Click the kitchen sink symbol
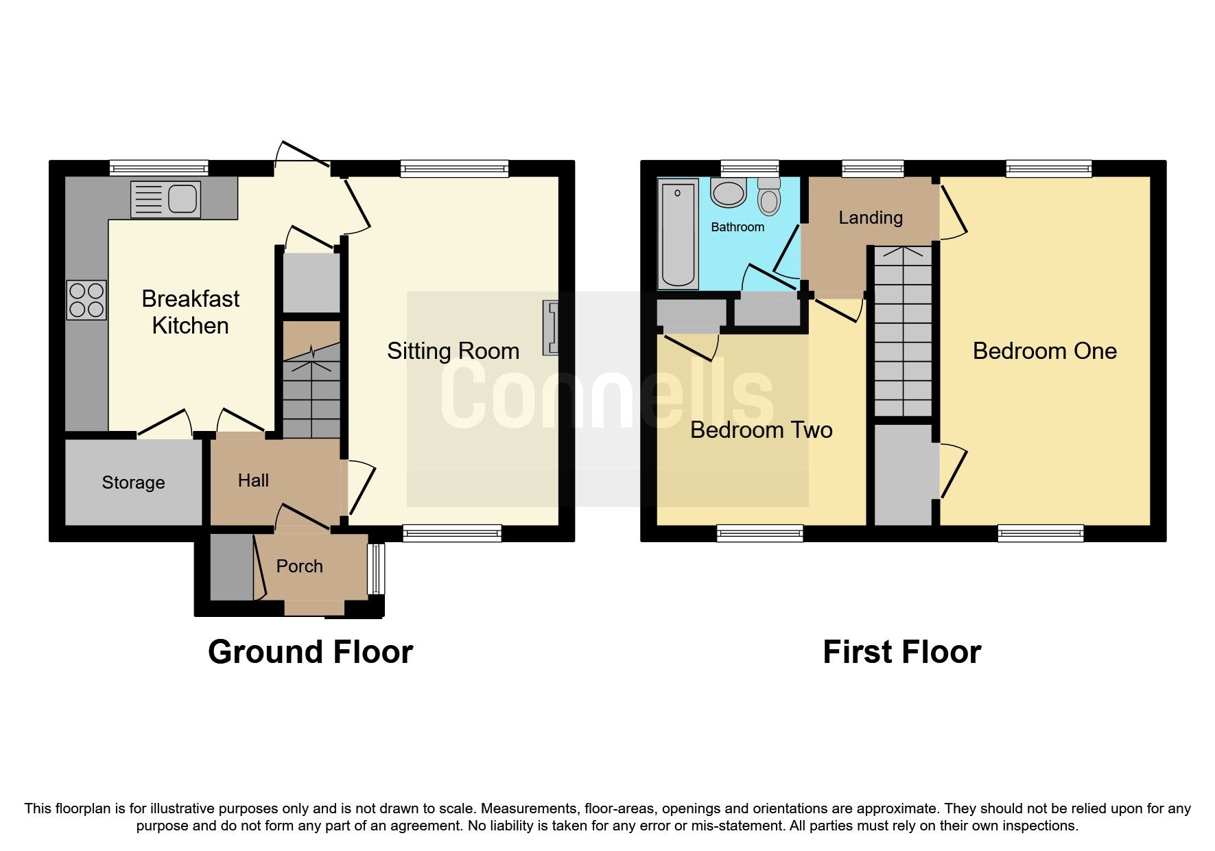[x=165, y=199]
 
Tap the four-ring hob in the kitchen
[x=86, y=300]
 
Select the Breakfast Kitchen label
[x=190, y=312]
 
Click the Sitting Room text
[x=453, y=351]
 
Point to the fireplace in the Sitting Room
[x=550, y=327]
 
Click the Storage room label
[x=133, y=482]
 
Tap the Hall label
[x=253, y=480]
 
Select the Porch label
[x=299, y=566]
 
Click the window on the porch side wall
[x=375, y=569]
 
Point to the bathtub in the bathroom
[x=677, y=233]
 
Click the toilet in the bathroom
[x=769, y=197]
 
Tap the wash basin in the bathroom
[x=729, y=193]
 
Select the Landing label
[x=870, y=218]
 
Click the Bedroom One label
[x=1044, y=351]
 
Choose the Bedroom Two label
[x=761, y=430]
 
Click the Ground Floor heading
[x=310, y=652]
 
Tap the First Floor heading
[x=901, y=652]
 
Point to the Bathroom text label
[x=737, y=227]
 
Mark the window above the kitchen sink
[x=158, y=168]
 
